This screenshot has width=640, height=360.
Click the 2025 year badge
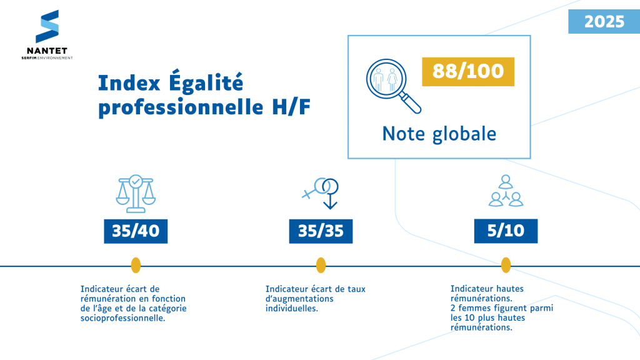pyautogui.click(x=604, y=22)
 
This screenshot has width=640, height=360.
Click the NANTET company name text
pyautogui.click(x=47, y=51)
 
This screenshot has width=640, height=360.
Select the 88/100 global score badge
pyautogui.click(x=467, y=71)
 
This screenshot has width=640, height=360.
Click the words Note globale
pyautogui.click(x=439, y=134)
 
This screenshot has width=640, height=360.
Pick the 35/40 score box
pyautogui.click(x=136, y=231)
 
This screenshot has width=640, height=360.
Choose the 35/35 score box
pyautogui.click(x=321, y=231)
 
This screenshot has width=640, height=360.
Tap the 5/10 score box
pyautogui.click(x=506, y=231)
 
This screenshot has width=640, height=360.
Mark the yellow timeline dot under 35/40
pyautogui.click(x=136, y=266)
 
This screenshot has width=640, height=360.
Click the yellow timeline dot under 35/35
pyautogui.click(x=321, y=266)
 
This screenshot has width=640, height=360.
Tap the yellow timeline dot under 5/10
pyautogui.click(x=506, y=266)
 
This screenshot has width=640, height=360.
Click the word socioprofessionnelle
pyautogui.click(x=122, y=318)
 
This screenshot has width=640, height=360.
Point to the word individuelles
pyautogui.click(x=291, y=308)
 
